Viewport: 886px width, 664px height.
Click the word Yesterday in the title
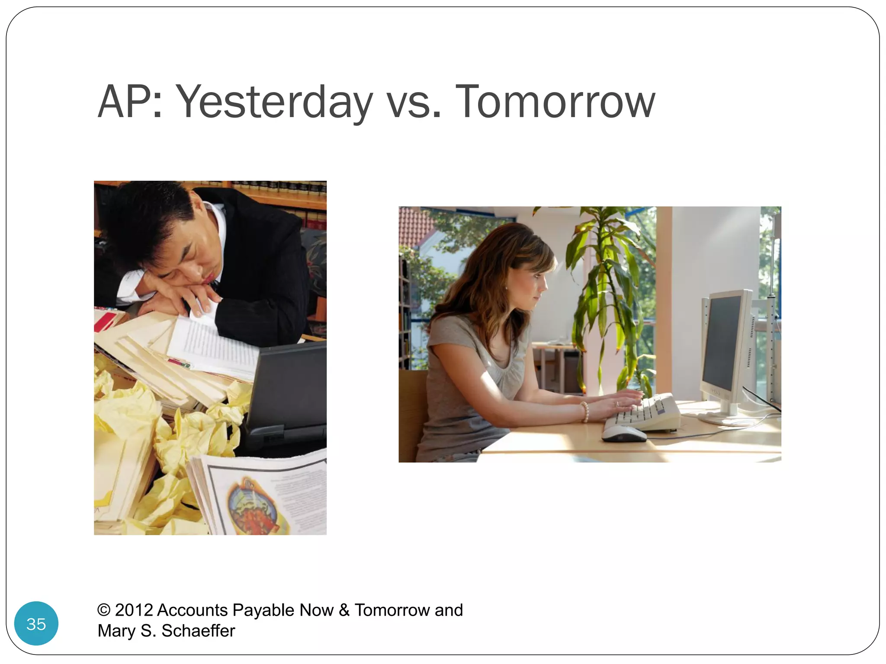click(274, 102)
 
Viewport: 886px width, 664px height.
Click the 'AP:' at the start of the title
click(130, 102)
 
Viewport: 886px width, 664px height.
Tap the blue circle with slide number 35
click(36, 623)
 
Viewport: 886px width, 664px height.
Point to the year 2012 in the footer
click(134, 610)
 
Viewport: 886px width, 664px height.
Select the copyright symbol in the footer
click(104, 610)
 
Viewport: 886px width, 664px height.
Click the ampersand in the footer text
click(344, 610)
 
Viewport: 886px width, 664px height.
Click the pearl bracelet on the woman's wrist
click(584, 412)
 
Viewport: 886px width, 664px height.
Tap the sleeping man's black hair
click(147, 220)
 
